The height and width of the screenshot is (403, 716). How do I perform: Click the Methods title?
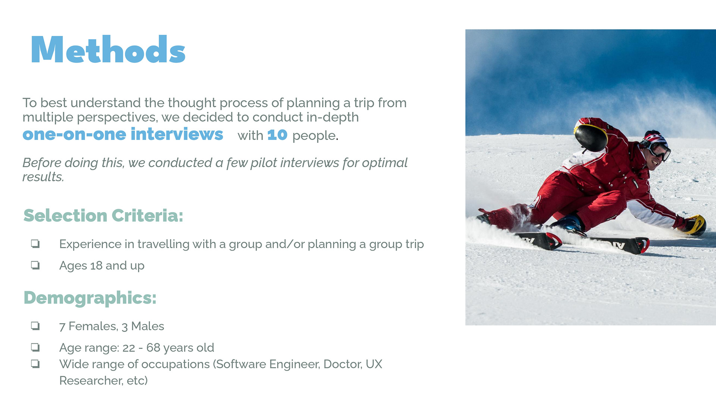point(108,49)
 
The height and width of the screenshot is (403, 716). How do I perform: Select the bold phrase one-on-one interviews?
point(123,134)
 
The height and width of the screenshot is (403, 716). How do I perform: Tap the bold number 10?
point(277,135)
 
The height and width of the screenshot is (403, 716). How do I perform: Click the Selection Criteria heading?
point(103,215)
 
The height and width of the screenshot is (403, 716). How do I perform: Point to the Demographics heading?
point(90,298)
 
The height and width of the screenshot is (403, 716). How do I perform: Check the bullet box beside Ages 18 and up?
point(35,265)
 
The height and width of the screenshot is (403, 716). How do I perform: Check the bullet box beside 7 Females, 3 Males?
point(35,326)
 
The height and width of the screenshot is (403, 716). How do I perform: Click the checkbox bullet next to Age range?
point(35,347)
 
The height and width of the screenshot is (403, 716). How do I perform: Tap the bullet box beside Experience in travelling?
point(35,244)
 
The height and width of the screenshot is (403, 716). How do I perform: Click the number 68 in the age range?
point(153,347)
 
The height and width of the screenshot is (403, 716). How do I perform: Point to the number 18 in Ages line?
point(96,265)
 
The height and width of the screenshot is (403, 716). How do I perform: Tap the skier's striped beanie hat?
point(655,138)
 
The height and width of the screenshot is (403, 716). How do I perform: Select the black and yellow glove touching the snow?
point(692,225)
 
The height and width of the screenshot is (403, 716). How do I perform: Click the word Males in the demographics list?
point(148,326)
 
